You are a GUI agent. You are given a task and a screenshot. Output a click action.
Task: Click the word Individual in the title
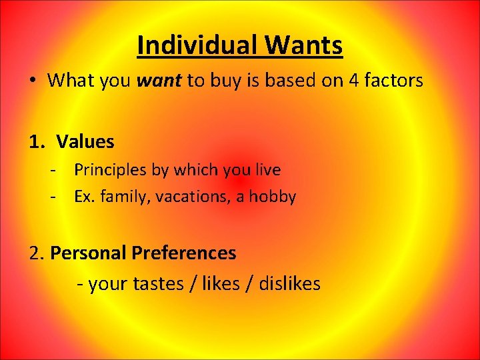[x=197, y=45]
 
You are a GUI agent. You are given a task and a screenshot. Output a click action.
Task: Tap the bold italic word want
[x=159, y=81]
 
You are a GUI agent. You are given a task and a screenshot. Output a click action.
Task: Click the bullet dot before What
[x=32, y=81]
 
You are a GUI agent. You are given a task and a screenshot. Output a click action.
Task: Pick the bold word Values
[x=85, y=142]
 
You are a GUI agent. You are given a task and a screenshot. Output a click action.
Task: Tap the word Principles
[x=111, y=170]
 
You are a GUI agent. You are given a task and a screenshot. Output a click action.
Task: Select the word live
[x=268, y=170]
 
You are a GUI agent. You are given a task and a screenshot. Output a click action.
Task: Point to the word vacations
[x=177, y=197]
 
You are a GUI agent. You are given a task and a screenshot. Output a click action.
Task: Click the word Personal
[x=88, y=253]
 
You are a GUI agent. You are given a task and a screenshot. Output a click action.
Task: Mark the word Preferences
[x=184, y=253]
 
